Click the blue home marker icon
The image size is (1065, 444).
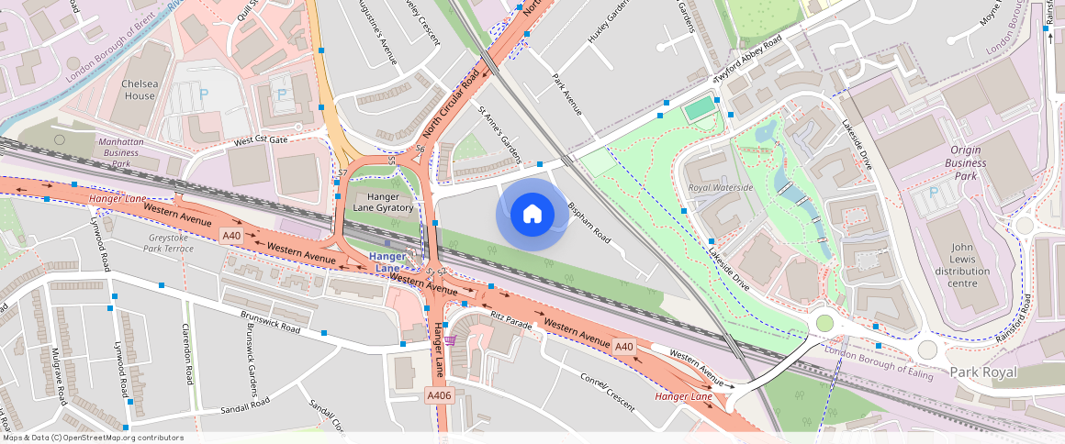point(532,215)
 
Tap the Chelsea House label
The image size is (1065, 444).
point(140,90)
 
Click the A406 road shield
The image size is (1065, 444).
point(438,394)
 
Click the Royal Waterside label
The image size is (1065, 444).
point(721,188)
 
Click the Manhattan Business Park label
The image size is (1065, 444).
point(120,153)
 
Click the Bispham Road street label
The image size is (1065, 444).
point(589,223)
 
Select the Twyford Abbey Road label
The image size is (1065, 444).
point(748,61)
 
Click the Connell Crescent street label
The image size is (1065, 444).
point(607,390)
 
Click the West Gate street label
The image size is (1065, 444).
point(261,140)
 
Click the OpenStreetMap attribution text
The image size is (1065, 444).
point(92,438)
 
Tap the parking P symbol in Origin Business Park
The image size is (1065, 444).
point(935,192)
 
